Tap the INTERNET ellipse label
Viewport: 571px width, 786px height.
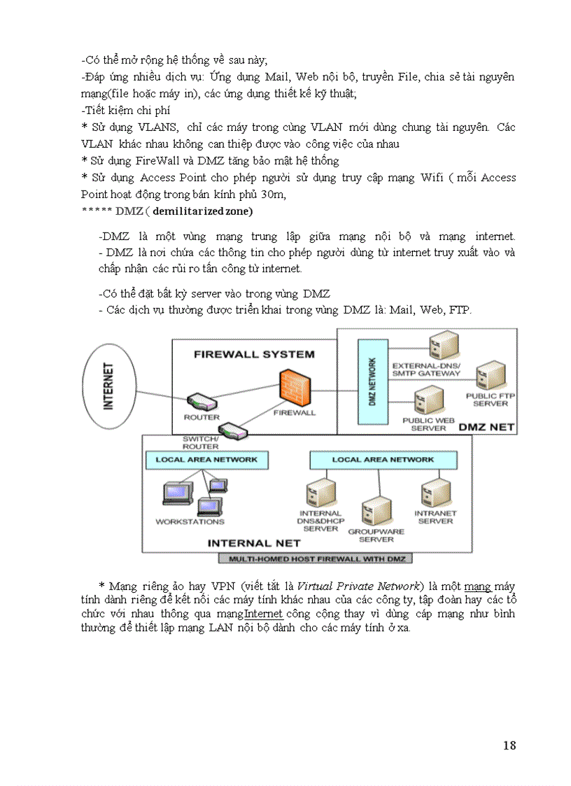click(109, 386)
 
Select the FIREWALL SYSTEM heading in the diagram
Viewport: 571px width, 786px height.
click(254, 354)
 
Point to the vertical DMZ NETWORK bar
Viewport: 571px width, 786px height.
click(372, 381)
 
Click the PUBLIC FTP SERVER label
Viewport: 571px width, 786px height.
click(491, 400)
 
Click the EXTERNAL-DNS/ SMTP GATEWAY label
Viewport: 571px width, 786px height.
click(426, 370)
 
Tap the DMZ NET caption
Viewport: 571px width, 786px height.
click(486, 426)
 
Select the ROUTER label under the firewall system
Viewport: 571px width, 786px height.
click(202, 417)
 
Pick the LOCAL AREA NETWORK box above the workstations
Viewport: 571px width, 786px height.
click(206, 460)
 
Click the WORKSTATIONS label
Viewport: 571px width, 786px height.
click(190, 521)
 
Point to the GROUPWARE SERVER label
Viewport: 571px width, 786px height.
click(376, 535)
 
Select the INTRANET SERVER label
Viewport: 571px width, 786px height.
click(435, 517)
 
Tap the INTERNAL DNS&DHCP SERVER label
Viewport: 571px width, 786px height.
click(320, 521)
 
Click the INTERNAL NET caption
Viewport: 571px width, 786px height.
click(254, 543)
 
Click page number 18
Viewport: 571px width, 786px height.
click(509, 745)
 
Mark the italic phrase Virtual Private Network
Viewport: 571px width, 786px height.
click(360, 586)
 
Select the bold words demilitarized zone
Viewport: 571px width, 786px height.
click(202, 211)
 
